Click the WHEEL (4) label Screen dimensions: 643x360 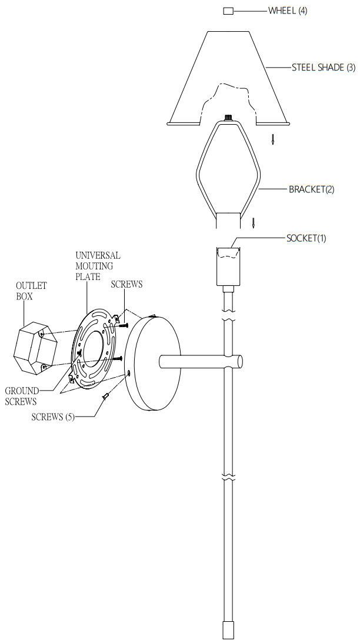click(288, 11)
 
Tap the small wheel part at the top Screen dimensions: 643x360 click(228, 11)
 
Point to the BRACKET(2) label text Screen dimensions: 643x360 click(311, 190)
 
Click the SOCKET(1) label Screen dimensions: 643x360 click(306, 238)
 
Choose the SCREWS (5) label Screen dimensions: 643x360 click(53, 417)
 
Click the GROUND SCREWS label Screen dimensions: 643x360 click(22, 396)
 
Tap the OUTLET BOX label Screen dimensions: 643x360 click(31, 291)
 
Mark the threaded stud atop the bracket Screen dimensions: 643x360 click(228, 117)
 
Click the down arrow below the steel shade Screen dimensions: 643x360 click(272, 139)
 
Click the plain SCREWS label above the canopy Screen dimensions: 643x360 click(126, 284)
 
